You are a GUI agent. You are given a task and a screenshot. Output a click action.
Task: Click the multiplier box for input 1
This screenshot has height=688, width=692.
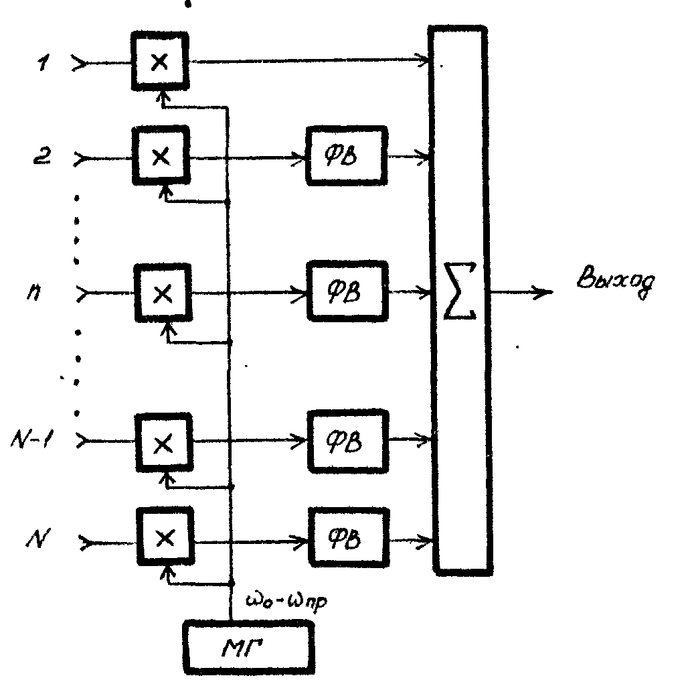[160, 61]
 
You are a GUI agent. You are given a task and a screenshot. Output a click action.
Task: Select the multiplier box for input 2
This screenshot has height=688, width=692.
[161, 155]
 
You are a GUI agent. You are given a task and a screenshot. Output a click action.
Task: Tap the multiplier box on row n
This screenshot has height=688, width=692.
[163, 293]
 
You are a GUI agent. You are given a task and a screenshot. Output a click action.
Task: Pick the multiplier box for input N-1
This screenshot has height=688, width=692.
[164, 443]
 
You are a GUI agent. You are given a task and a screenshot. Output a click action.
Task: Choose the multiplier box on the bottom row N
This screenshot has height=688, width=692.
[165, 537]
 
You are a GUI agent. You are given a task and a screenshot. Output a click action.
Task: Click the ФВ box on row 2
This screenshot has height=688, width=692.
[347, 155]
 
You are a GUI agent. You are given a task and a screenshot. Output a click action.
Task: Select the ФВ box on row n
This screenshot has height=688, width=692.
[348, 291]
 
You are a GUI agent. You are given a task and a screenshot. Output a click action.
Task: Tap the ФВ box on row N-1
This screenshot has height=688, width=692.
[349, 441]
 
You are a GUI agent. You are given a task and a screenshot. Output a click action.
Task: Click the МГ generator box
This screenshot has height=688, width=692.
[250, 648]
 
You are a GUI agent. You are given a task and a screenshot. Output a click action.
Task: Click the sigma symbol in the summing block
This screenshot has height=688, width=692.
[460, 291]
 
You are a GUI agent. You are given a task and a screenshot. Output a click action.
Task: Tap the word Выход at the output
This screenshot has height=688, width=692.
[616, 281]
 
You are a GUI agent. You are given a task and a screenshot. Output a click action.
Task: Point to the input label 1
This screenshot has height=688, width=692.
[44, 63]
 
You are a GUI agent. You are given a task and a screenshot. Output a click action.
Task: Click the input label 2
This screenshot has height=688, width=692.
[42, 156]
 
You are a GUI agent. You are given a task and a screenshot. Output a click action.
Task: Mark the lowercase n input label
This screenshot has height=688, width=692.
[34, 293]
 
